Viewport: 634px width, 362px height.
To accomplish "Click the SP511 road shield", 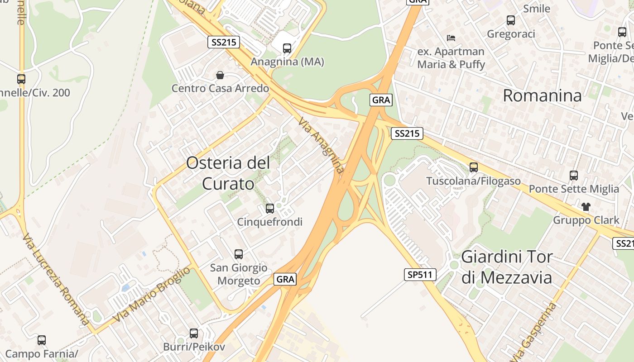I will click(x=420, y=274).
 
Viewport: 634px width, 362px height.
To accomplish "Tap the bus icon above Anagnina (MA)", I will click(x=287, y=48).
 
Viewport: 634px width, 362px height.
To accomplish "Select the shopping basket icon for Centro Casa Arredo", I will click(x=220, y=75).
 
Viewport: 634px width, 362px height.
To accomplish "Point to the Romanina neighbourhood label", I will click(x=542, y=95).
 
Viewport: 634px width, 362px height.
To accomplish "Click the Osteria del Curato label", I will click(x=228, y=173).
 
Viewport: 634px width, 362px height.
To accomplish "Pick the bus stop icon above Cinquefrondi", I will click(x=270, y=208).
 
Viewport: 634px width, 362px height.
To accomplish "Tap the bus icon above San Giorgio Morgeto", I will click(x=239, y=254).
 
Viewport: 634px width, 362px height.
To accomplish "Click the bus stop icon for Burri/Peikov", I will click(x=194, y=333).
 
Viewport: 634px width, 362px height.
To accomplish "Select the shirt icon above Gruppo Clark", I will click(x=586, y=207).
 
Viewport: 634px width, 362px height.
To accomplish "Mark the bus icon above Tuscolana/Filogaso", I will click(x=474, y=167).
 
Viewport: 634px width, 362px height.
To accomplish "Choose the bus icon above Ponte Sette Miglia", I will click(x=574, y=175).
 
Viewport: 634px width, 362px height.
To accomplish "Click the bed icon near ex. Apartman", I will click(x=451, y=38).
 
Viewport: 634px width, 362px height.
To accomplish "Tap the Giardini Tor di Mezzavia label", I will click(x=507, y=267).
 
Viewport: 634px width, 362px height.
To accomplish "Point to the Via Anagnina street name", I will click(x=322, y=145).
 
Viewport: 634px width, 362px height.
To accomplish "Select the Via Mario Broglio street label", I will click(x=151, y=295).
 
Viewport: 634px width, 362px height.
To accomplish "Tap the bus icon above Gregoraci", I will click(x=511, y=20).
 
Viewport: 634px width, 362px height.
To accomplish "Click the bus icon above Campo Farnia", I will click(x=42, y=340).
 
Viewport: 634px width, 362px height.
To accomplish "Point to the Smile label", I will click(x=537, y=9).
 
